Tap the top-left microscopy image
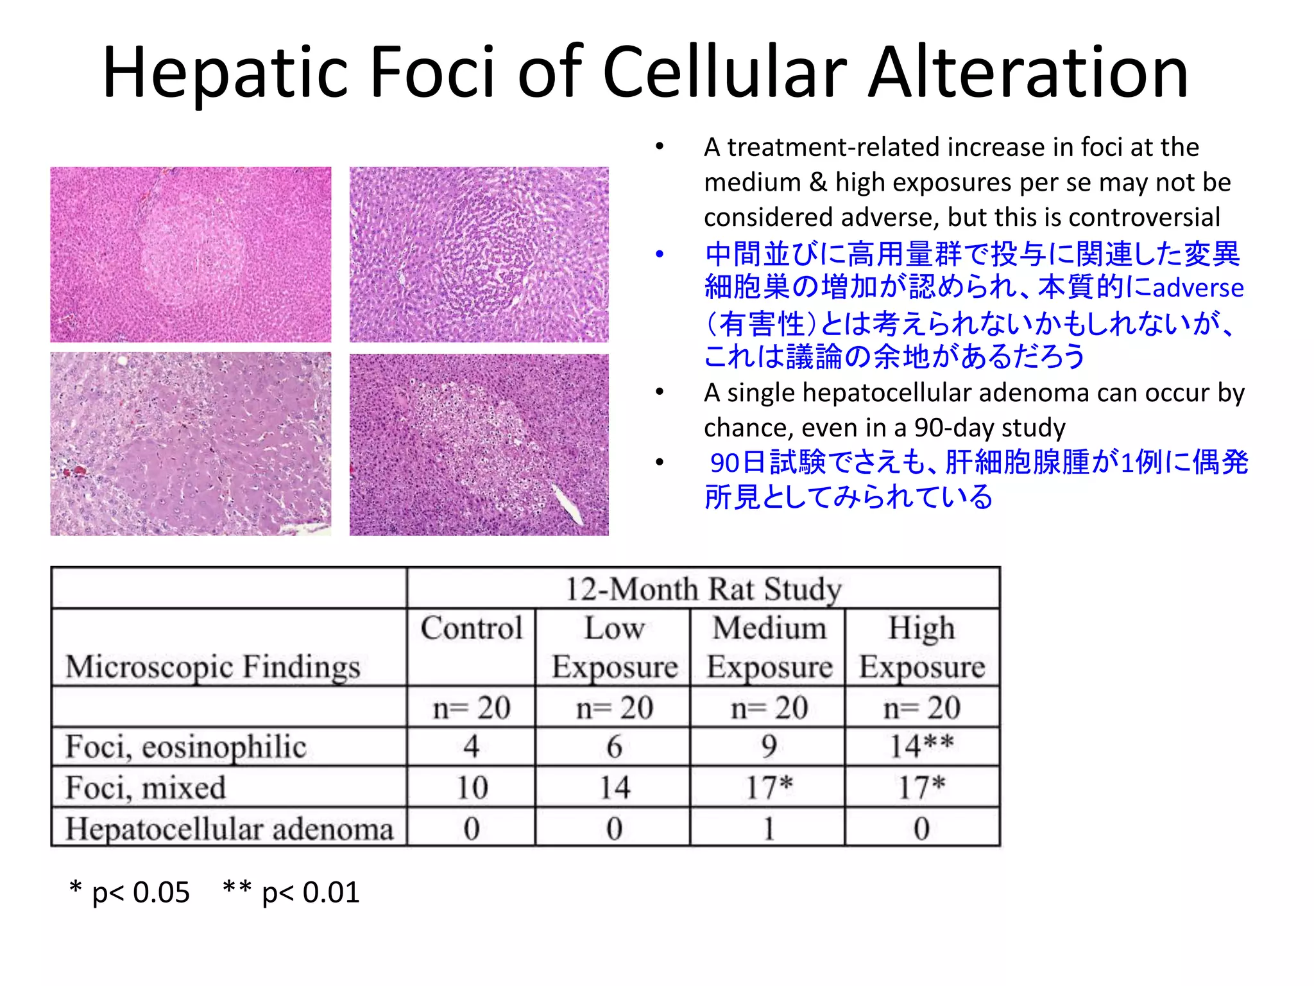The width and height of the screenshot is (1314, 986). (191, 254)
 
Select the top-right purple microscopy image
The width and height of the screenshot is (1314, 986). (479, 254)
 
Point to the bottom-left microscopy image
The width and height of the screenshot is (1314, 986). (191, 444)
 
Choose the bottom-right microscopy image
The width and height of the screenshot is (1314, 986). (479, 444)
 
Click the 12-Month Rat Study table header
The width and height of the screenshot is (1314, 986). (703, 589)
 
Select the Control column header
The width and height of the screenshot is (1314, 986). (472, 628)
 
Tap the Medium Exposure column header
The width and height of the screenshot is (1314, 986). (769, 647)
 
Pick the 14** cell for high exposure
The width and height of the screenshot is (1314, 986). (921, 747)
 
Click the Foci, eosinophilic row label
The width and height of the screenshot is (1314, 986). (186, 747)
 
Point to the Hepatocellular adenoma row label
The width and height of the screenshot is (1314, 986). (229, 829)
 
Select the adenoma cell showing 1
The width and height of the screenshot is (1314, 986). (769, 829)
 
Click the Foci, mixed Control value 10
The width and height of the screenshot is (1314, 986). (472, 788)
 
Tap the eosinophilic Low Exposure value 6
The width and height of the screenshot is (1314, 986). (614, 747)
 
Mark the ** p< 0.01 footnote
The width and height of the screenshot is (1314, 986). (291, 892)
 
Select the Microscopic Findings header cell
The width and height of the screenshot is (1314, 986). (212, 666)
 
